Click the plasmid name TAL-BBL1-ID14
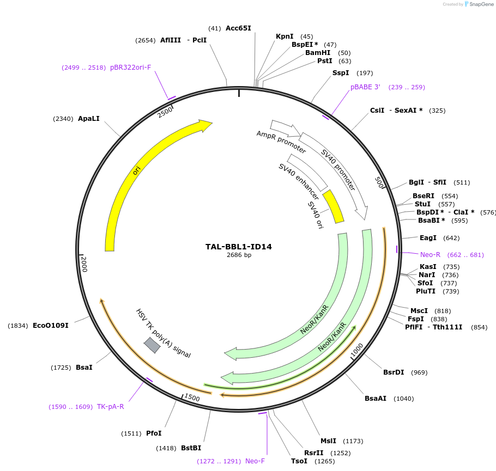click(238, 247)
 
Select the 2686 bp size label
click(239, 255)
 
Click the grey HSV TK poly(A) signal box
click(152, 345)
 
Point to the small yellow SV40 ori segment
click(333, 206)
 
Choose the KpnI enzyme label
click(285, 36)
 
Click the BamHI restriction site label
click(318, 53)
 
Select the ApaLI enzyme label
click(89, 119)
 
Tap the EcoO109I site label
click(51, 326)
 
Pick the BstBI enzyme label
click(191, 448)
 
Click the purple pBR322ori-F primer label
click(130, 68)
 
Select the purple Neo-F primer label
click(255, 461)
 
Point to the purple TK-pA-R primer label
click(111, 407)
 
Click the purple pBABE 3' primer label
click(365, 87)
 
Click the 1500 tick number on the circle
click(192, 398)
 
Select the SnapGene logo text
click(480, 4)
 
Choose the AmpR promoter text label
click(281, 142)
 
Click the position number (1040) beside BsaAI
click(403, 399)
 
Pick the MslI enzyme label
click(328, 441)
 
